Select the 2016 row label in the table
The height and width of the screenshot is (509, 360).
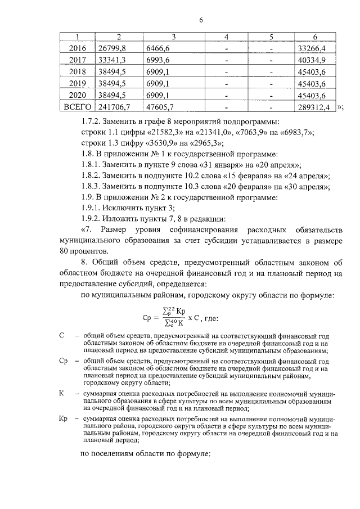pyautogui.click(x=77, y=48)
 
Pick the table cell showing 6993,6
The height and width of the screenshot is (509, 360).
pyautogui.click(x=158, y=60)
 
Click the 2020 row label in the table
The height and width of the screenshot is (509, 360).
pyautogui.click(x=77, y=95)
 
